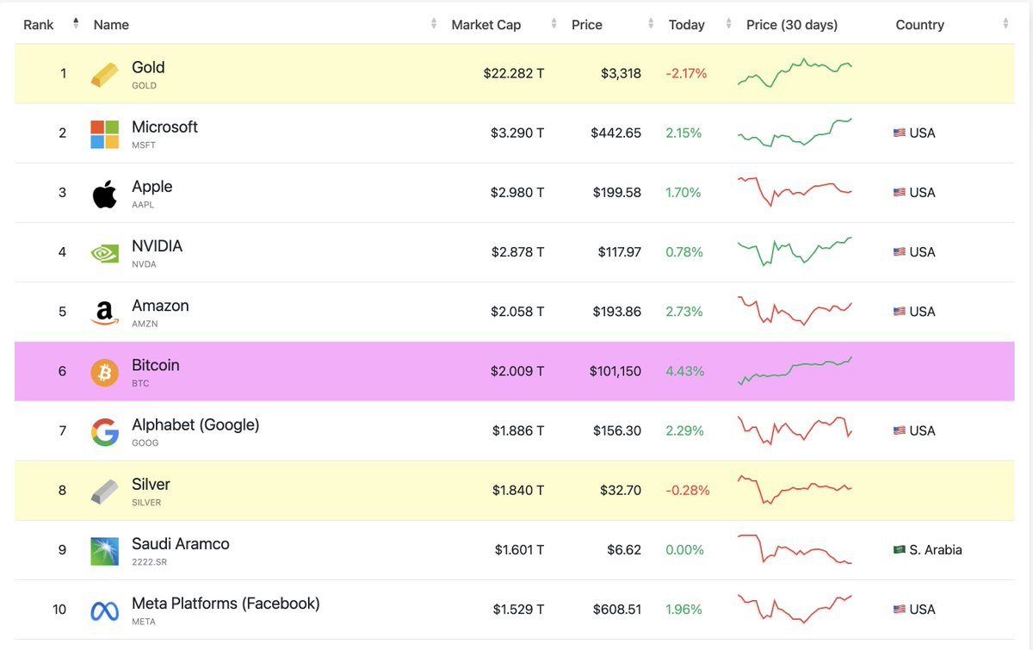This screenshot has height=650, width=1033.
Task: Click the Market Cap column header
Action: (x=486, y=25)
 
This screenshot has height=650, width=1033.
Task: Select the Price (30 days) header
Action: (x=792, y=25)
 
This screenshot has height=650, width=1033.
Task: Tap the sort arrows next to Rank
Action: (x=76, y=23)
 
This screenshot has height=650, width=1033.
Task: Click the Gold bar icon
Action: (x=105, y=74)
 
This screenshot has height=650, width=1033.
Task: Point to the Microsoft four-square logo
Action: (x=105, y=134)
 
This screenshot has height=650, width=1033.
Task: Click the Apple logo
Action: (x=105, y=194)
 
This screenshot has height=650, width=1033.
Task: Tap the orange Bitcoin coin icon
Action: (x=105, y=372)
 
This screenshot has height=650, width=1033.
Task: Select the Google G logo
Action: (x=105, y=432)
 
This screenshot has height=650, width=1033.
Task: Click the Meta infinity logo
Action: (x=105, y=611)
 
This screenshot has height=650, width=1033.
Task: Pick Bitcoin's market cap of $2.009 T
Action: (x=517, y=371)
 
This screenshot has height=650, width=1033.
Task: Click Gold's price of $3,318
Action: (x=621, y=73)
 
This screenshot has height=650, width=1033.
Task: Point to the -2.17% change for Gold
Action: (x=686, y=73)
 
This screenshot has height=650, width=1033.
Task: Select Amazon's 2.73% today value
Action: (x=684, y=312)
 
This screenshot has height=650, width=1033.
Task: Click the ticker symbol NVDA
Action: (x=144, y=264)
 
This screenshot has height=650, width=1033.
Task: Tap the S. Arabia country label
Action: (x=935, y=550)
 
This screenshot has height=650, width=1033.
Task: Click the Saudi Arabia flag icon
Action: (x=900, y=549)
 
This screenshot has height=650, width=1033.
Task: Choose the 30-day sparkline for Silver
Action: (x=795, y=490)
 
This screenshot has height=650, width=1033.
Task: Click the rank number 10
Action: (x=59, y=610)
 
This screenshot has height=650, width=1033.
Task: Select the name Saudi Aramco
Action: (x=180, y=544)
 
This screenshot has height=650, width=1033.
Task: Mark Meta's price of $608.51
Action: (x=617, y=610)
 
